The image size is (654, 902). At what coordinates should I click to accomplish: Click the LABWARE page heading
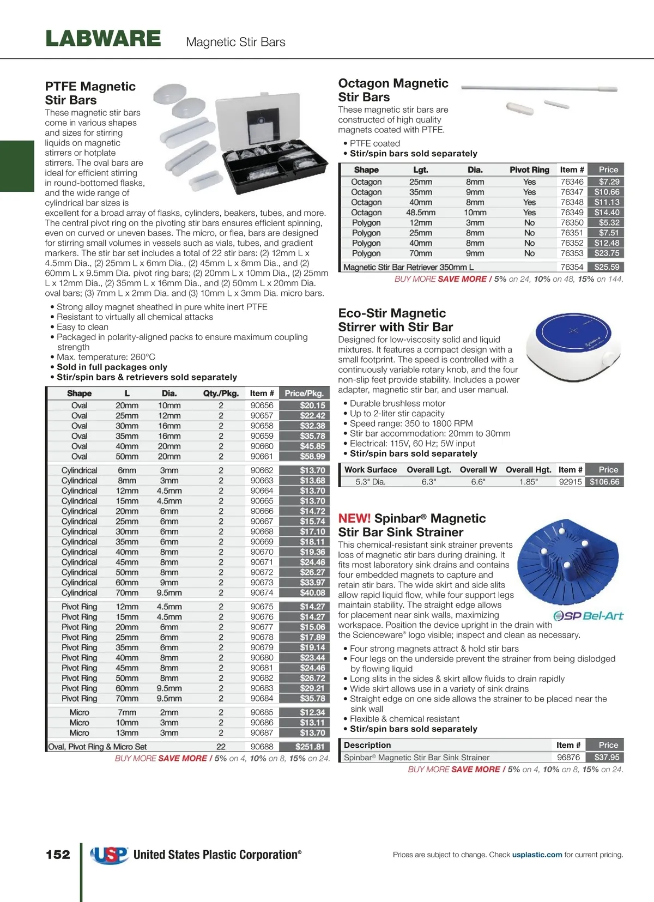point(103,39)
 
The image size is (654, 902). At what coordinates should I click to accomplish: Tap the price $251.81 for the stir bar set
point(310,747)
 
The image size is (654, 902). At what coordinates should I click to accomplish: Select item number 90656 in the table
point(262,405)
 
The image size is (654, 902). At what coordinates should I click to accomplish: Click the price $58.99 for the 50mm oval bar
point(312,457)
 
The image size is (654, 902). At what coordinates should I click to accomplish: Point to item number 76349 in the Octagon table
point(572,213)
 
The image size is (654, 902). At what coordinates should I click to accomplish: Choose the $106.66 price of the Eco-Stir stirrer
point(604,482)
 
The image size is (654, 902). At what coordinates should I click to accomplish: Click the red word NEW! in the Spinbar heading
point(354,518)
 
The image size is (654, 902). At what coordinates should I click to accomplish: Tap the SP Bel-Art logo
point(588,616)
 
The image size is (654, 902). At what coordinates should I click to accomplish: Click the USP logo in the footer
point(110,855)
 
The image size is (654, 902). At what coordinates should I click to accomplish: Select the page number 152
point(58,855)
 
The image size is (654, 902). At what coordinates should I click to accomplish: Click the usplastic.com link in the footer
point(537,855)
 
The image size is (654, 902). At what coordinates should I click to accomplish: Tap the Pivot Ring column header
point(529,170)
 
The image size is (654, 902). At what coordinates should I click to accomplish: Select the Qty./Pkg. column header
point(221,394)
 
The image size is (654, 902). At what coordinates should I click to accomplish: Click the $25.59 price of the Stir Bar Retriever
point(607,267)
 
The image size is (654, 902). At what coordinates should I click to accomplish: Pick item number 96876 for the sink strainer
point(568,757)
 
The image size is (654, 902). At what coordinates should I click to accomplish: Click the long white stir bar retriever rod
point(540,88)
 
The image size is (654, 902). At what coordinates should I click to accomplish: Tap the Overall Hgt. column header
point(528,470)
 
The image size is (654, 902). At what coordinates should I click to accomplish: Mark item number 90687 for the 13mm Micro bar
point(262,733)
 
